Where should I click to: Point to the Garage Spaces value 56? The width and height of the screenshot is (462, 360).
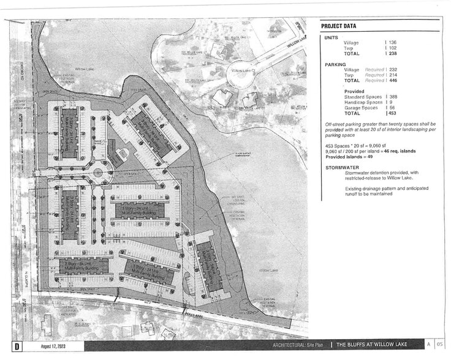tap(391, 108)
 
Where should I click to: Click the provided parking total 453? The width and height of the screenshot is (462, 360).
tap(392, 113)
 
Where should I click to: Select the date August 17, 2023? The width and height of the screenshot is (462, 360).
tap(53, 347)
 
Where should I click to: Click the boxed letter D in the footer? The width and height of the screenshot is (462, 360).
tap(17, 347)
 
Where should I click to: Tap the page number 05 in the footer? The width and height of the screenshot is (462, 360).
tap(439, 345)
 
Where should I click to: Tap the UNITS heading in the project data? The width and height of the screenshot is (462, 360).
tap(331, 37)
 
